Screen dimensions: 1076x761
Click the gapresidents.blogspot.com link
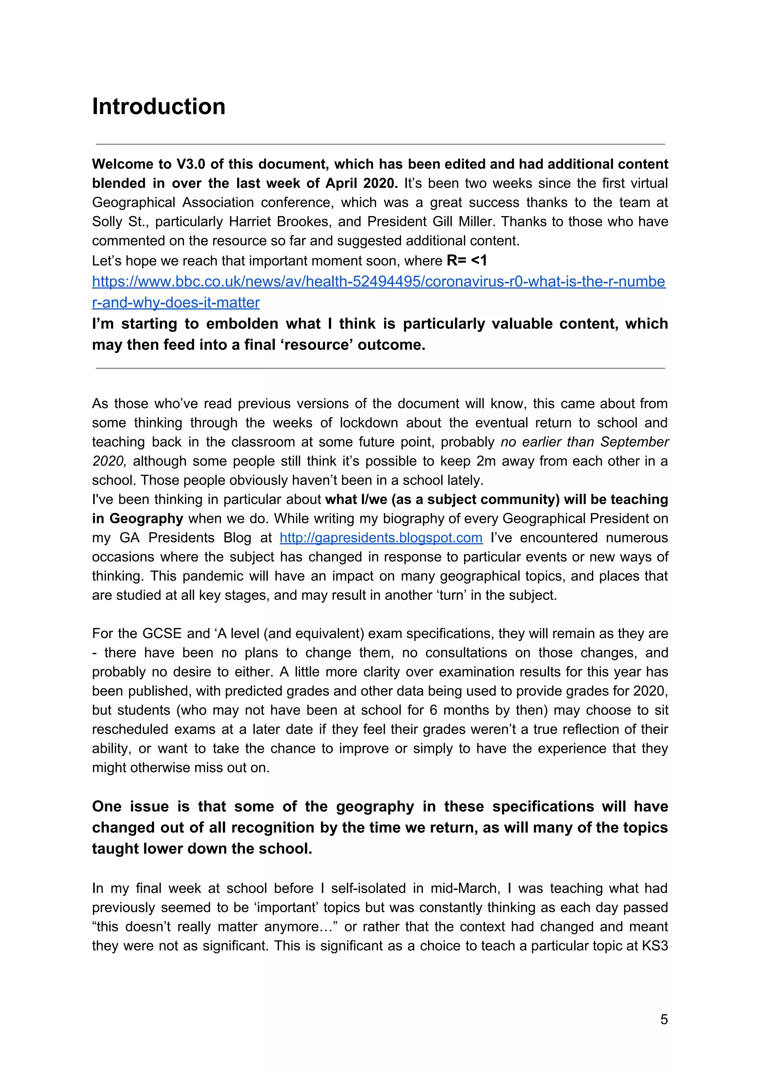[381, 537]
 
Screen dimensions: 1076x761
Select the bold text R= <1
[467, 261]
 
